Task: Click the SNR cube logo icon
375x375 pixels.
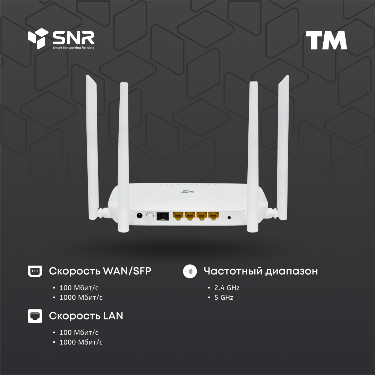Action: click(x=38, y=39)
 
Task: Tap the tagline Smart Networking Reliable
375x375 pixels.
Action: click(x=73, y=48)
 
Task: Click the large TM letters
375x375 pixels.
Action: click(x=326, y=41)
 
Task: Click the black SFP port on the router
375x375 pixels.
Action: click(x=163, y=216)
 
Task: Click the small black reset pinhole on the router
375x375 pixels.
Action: click(x=229, y=218)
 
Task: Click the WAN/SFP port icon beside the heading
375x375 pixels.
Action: click(x=35, y=271)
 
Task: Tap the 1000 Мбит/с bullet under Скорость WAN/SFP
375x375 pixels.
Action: click(x=81, y=298)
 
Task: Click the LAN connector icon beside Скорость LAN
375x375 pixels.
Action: click(x=35, y=316)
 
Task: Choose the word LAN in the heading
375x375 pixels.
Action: click(x=113, y=316)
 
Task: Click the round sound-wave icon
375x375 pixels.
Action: click(x=189, y=271)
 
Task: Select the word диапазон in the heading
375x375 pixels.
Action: click(x=291, y=271)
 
